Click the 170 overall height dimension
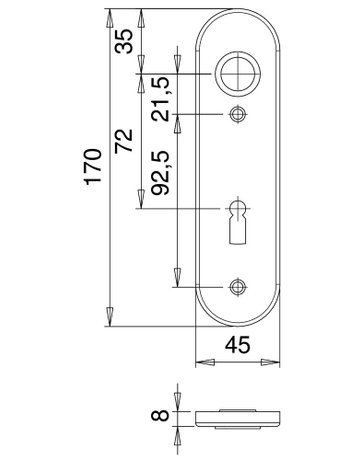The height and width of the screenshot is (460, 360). (93, 167)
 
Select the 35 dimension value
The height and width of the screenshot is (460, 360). (124, 41)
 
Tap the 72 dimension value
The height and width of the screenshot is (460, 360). (124, 141)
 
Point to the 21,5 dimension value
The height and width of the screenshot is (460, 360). (160, 99)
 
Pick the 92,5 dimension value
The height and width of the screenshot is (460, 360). (160, 173)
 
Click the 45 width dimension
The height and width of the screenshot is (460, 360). (237, 345)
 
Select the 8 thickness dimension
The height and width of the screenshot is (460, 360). (160, 416)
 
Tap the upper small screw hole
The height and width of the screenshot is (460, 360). (238, 114)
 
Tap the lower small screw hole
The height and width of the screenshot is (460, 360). (238, 287)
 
